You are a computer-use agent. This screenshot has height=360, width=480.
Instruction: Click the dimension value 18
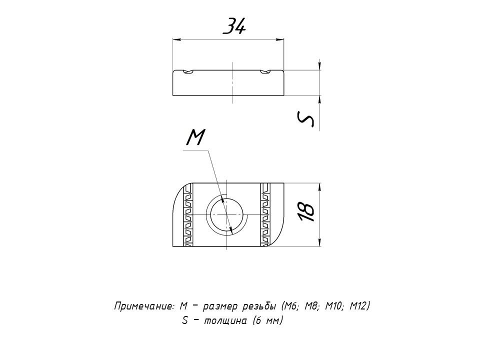306,211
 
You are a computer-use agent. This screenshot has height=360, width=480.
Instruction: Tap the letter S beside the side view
306,119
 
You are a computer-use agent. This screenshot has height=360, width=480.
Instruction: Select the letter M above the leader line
195,137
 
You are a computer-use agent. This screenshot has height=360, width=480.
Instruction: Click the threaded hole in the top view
226,215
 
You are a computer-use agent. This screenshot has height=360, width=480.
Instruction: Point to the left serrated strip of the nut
187,214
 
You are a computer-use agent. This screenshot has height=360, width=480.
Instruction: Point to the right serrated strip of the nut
265,214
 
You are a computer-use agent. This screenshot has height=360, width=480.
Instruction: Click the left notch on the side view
187,71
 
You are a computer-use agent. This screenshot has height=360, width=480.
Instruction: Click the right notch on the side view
265,71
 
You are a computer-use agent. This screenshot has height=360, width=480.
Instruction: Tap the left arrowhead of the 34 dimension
176,39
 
